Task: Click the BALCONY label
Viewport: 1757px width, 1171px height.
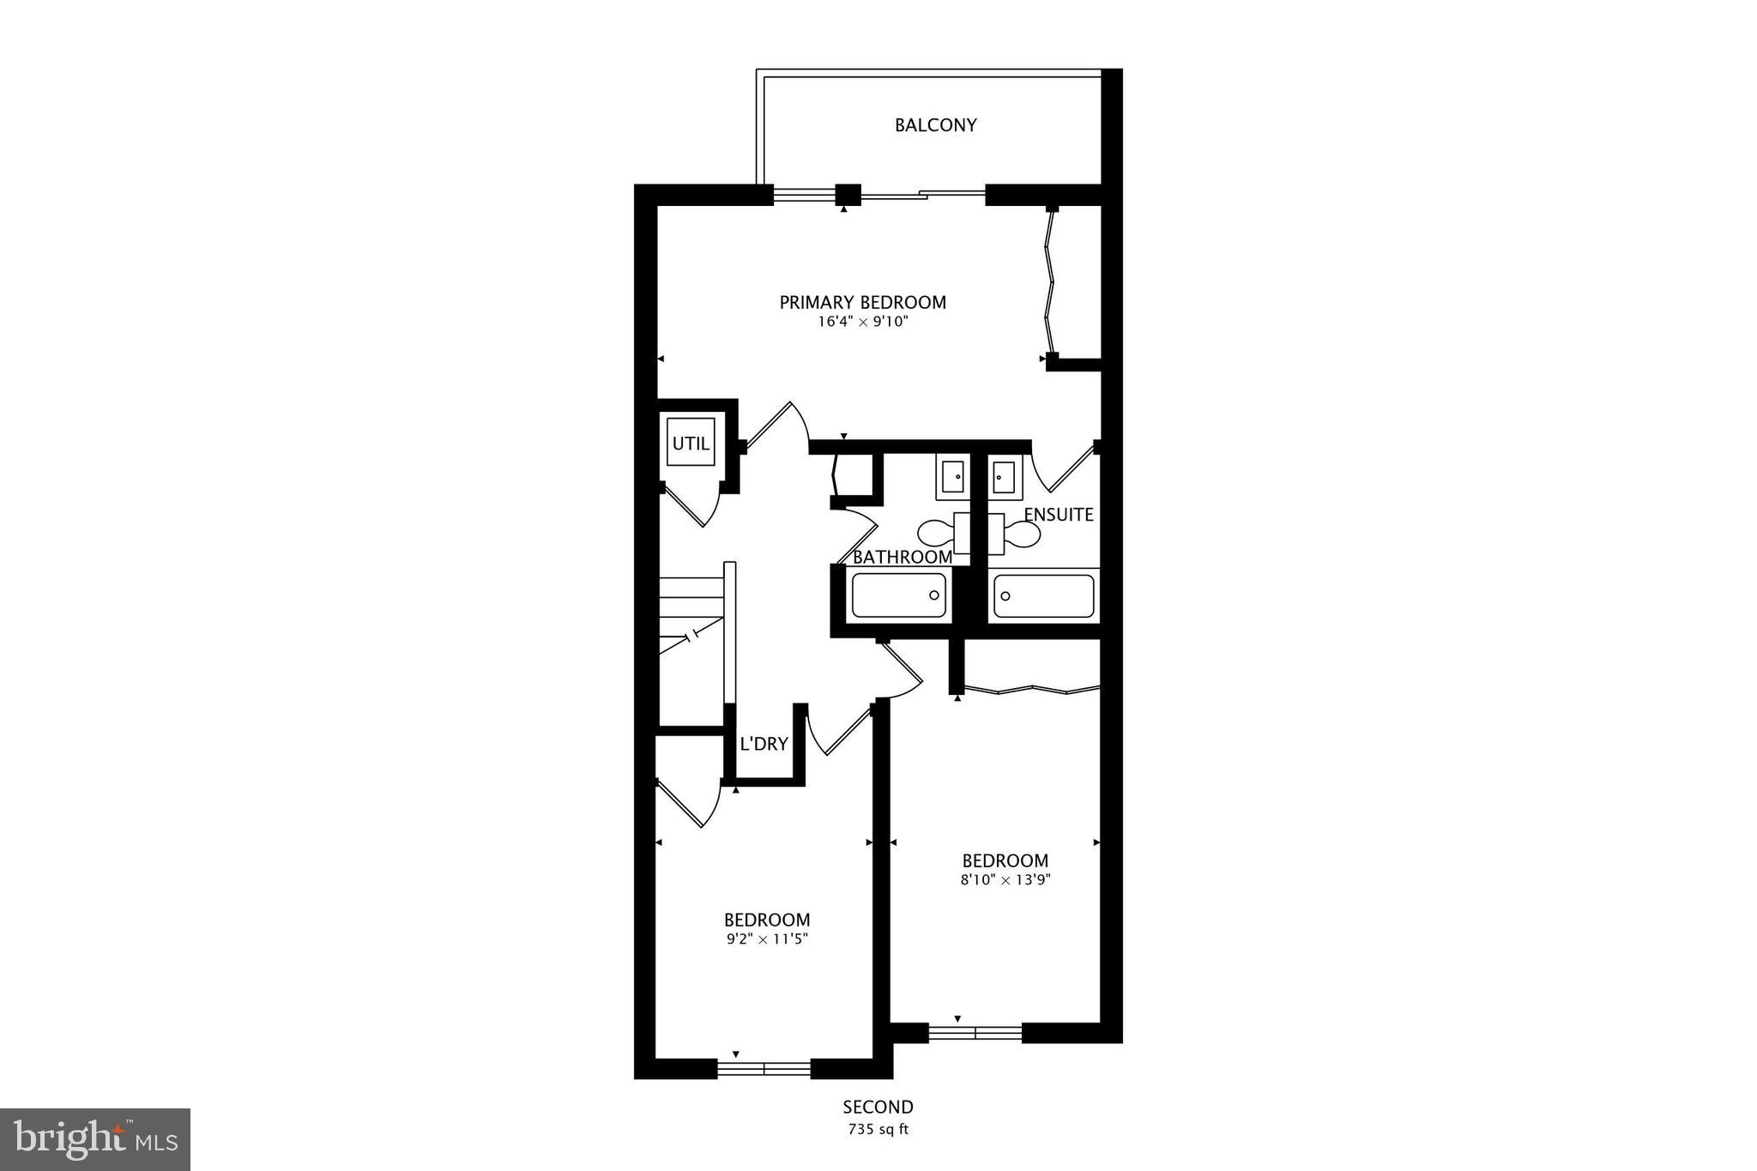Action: pos(935,125)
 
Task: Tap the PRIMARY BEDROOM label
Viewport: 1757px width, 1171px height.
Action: pos(862,302)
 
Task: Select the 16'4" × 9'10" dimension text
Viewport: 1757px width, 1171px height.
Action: pos(862,323)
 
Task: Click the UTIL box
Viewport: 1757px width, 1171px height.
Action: pos(691,444)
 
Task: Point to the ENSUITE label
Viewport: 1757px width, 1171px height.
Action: pos(1059,515)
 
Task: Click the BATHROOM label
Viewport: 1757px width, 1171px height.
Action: pos(902,557)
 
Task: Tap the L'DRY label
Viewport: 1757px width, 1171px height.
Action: pos(764,744)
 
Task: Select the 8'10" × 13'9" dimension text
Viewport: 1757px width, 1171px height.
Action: pos(1005,879)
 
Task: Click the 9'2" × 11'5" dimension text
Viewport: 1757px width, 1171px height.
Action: pos(767,939)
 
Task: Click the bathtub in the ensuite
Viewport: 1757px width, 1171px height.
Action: pos(1043,596)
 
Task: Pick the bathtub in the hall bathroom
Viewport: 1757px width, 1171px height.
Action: pos(898,595)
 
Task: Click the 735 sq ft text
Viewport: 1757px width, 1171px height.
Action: pos(878,1129)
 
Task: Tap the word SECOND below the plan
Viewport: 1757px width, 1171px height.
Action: pos(878,1107)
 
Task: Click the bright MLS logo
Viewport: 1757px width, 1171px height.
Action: pos(95,1139)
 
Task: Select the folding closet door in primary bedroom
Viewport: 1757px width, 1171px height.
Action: pos(1048,283)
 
